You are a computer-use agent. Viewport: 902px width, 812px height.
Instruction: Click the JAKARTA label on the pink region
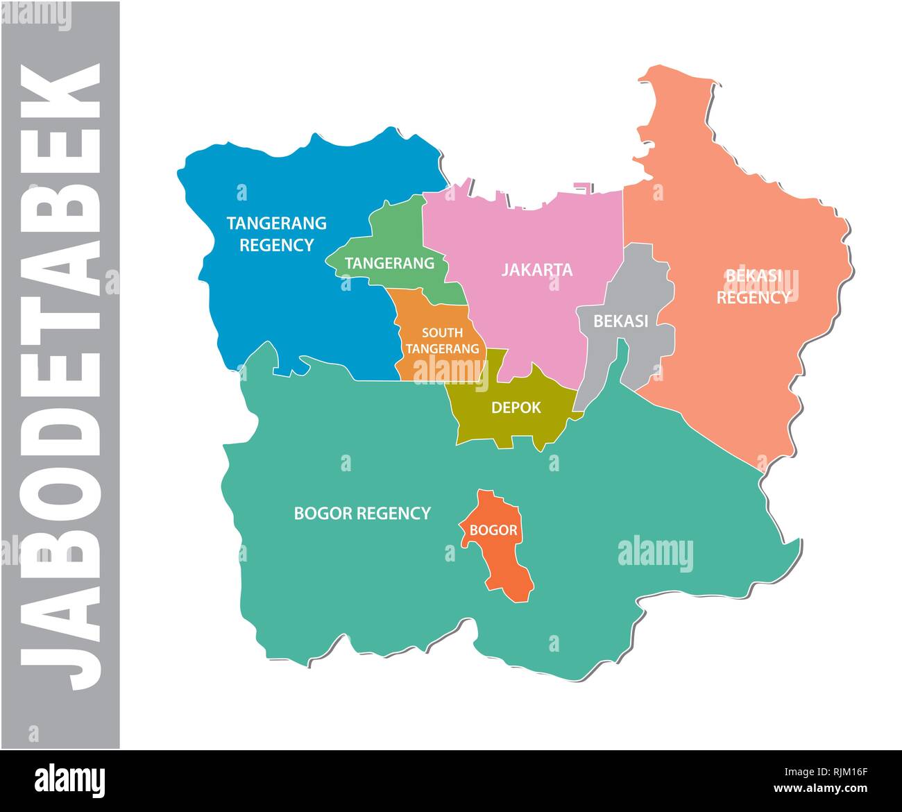[x=537, y=269]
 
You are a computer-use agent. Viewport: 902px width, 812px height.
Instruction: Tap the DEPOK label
[x=516, y=407]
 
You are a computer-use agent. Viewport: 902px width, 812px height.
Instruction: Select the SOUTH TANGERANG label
[x=442, y=341]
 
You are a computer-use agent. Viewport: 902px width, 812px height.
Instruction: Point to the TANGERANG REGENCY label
[x=276, y=234]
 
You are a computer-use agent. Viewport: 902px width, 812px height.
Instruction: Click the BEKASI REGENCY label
[x=753, y=287]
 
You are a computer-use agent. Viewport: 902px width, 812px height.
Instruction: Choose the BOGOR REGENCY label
[x=362, y=514]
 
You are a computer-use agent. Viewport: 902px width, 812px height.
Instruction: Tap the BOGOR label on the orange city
[x=493, y=530]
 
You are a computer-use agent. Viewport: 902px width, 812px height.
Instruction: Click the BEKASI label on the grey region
[x=620, y=321]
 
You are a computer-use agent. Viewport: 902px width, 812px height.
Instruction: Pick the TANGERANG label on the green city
[x=389, y=264]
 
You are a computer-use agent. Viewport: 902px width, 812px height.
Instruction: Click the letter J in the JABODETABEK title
[x=60, y=652]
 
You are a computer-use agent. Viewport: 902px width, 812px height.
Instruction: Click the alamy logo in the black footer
[x=69, y=780]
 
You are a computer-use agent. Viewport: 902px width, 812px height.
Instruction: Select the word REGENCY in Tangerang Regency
[x=276, y=245]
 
